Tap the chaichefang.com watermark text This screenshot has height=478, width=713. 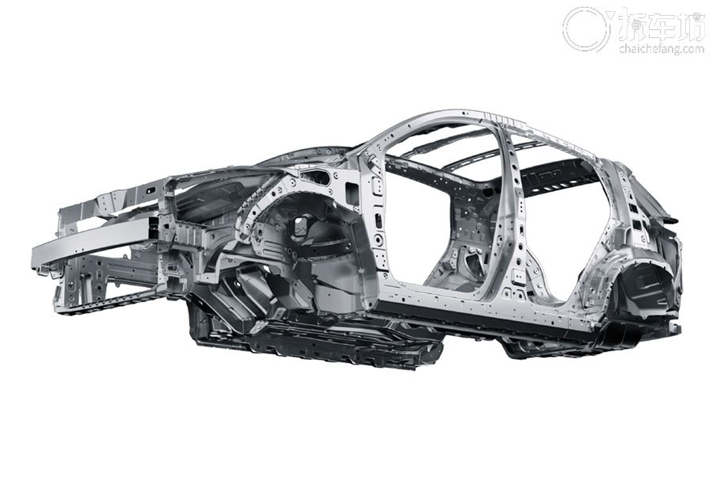click(662, 48)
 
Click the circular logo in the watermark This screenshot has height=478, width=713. click(585, 29)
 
